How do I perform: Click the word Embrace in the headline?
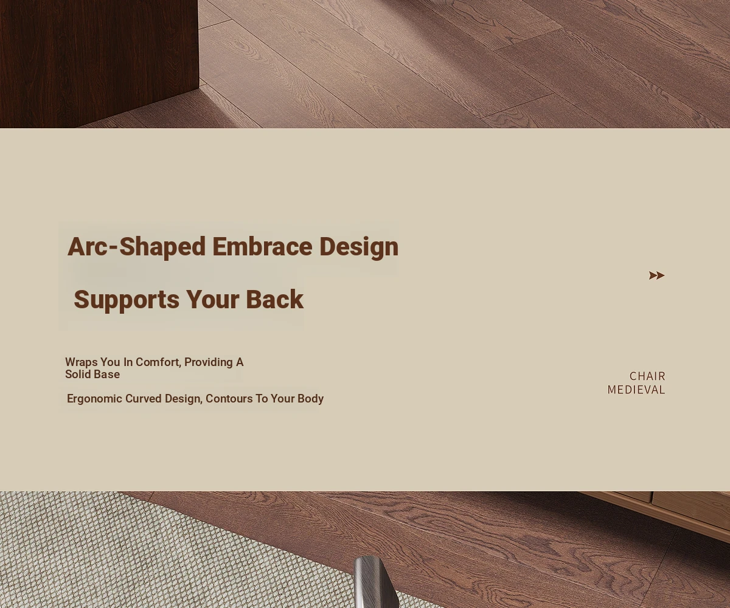pos(262,246)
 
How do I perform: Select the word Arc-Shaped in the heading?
pos(136,247)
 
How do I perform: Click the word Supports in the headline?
pos(127,300)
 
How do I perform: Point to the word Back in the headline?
pos(275,300)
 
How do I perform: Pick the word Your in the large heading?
pos(212,300)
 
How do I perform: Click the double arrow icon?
pos(656,275)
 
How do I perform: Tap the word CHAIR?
pos(647,376)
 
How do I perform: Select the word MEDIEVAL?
pos(636,390)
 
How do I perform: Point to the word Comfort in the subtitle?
pos(158,362)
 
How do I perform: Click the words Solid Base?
pos(92,375)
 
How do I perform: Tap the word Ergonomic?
pos(94,399)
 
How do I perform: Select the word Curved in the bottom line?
pos(144,399)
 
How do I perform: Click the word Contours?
pos(229,399)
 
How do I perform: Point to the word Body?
pos(310,399)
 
